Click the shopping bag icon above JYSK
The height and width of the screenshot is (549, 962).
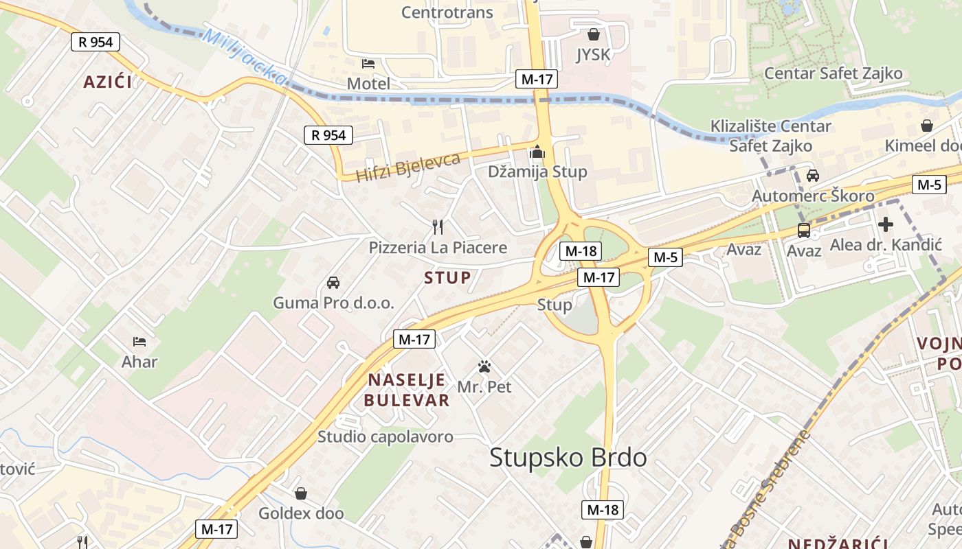[594, 34]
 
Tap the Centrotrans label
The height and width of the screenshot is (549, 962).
[447, 12]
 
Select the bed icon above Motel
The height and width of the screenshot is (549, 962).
[368, 64]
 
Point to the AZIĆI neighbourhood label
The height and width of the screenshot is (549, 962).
[107, 82]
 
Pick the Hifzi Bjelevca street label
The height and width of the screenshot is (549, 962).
[408, 167]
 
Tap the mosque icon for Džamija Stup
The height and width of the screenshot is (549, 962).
[537, 152]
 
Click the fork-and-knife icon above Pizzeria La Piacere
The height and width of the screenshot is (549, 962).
[437, 226]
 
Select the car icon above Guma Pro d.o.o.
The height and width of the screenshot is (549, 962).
[333, 282]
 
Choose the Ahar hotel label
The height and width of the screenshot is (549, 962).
[139, 362]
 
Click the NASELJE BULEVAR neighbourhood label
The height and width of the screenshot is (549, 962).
[407, 390]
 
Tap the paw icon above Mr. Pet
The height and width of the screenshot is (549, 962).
[484, 366]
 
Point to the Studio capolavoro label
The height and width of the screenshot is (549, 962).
[385, 436]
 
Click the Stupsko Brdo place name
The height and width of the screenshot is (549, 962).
[568, 458]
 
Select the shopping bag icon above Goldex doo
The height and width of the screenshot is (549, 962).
[300, 493]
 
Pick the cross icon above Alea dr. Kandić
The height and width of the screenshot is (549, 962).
[886, 224]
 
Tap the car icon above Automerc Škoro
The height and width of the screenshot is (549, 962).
[813, 176]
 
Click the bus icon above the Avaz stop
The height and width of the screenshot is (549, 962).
[803, 231]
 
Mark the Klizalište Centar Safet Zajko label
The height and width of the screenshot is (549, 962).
[770, 136]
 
